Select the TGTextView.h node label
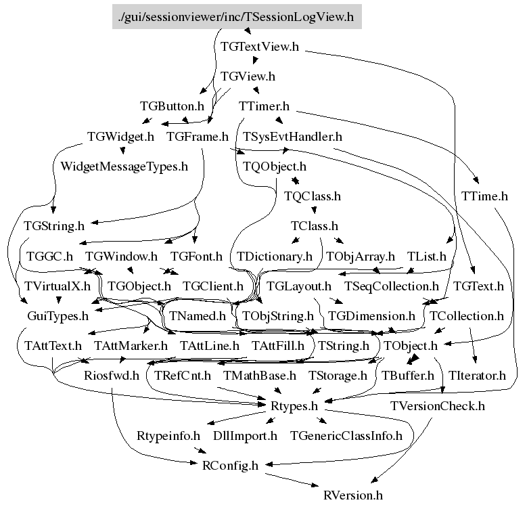pyautogui.click(x=260, y=47)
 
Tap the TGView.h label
pyautogui.click(x=248, y=76)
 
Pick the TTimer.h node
pyautogui.click(x=264, y=106)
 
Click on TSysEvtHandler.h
pyautogui.click(x=293, y=137)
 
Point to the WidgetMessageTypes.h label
pyautogui.click(x=124, y=166)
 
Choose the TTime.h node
pyautogui.click(x=484, y=196)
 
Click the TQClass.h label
pyautogui.click(x=313, y=196)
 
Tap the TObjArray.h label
pyautogui.click(x=360, y=257)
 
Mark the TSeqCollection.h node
pyautogui.click(x=392, y=286)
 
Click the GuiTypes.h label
pyautogui.click(x=58, y=316)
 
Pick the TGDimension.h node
pyautogui.click(x=371, y=316)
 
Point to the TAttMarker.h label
pyautogui.click(x=131, y=346)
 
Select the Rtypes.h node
pyautogui.click(x=294, y=406)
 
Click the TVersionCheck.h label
pyautogui.click(x=438, y=406)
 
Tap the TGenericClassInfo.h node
pyautogui.click(x=346, y=436)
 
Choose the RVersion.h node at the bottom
pyautogui.click(x=353, y=495)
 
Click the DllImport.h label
pyautogui.click(x=245, y=436)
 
